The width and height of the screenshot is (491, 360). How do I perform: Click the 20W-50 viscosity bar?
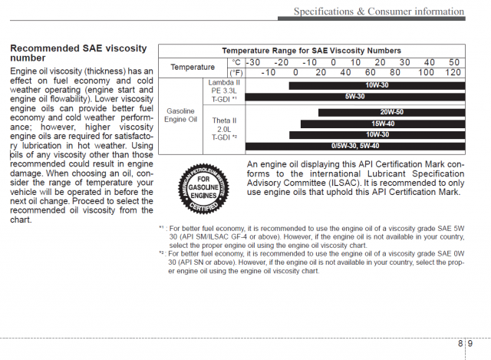[390, 112]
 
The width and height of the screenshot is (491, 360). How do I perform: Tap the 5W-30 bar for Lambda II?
[354, 97]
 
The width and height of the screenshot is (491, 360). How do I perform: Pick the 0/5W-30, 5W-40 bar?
[355, 146]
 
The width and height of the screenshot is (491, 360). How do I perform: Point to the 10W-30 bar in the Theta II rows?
[377, 134]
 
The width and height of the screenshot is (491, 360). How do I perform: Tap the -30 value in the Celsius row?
[253, 62]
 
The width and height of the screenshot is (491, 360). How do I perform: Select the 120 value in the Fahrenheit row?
[453, 72]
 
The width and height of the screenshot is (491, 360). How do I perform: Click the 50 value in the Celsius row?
[453, 62]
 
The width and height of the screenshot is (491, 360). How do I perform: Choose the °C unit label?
[236, 62]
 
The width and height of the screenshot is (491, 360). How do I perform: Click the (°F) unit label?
[236, 72]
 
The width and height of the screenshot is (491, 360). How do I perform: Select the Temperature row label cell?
[193, 68]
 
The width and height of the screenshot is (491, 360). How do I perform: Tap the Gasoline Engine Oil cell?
[181, 116]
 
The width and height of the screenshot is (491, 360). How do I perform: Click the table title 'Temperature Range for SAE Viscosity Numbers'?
[311, 51]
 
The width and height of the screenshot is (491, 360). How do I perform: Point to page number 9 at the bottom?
[470, 345]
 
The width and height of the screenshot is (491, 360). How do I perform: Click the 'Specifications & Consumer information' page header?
[380, 11]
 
